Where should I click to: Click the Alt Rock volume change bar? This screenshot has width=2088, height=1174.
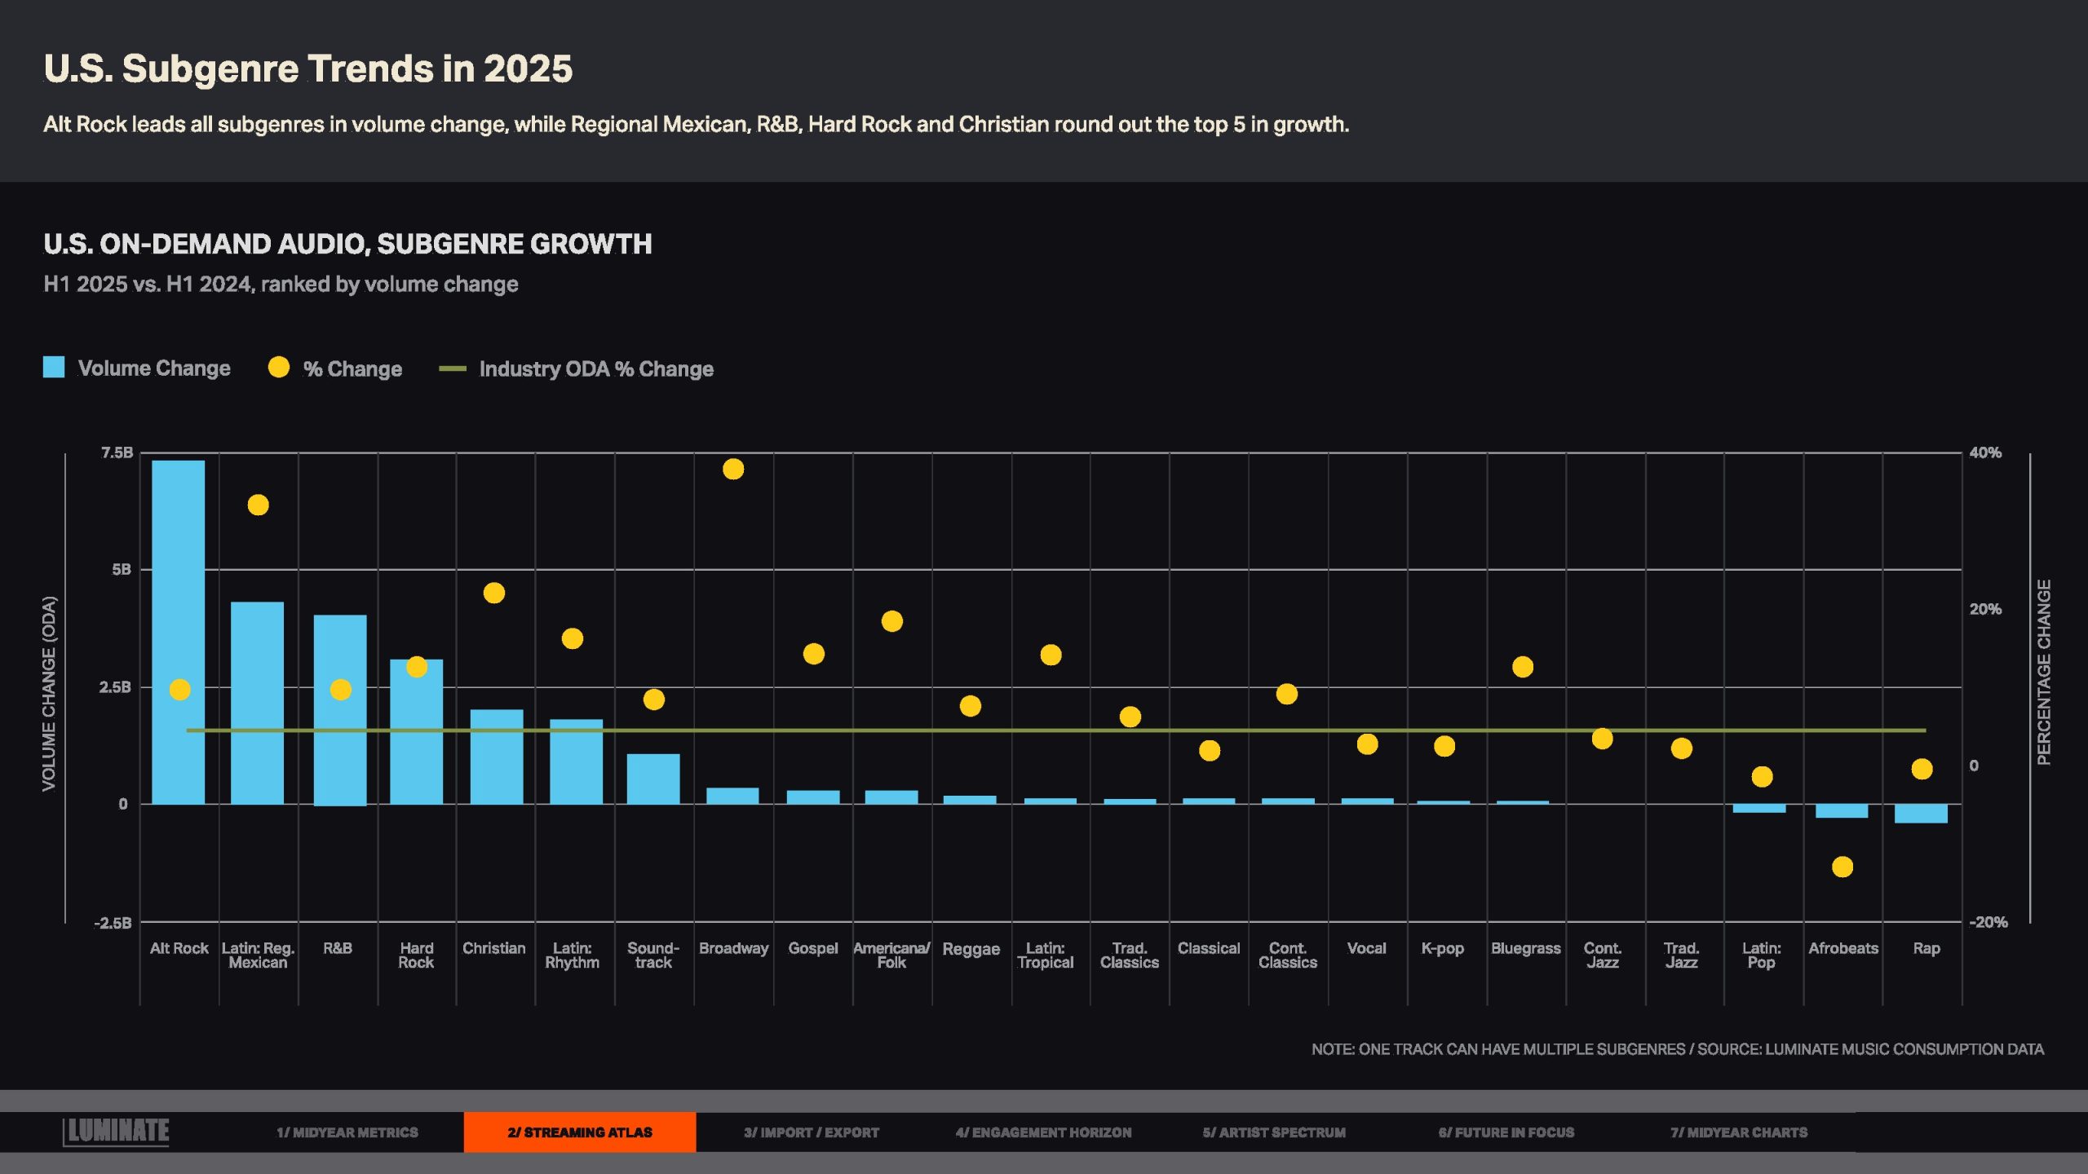(178, 632)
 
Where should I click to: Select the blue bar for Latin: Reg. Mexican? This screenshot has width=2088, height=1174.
(257, 703)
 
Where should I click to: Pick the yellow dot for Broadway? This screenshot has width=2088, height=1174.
(733, 469)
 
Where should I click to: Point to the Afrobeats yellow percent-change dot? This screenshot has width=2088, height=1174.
(1842, 867)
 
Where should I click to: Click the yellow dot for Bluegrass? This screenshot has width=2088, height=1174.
(1523, 667)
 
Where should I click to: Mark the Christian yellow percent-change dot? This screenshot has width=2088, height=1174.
(493, 593)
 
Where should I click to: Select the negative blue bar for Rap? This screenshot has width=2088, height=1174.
(1921, 814)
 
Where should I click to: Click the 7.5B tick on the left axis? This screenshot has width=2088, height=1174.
(117, 452)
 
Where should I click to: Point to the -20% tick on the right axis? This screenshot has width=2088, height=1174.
(1988, 922)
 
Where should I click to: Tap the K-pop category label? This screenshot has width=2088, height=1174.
(1442, 948)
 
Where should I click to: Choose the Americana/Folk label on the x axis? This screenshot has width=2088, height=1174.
(891, 955)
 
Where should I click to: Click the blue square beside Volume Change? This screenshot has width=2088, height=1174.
(54, 368)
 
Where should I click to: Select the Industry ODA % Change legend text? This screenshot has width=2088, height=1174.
(595, 369)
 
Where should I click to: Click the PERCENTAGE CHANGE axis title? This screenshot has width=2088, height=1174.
(2043, 673)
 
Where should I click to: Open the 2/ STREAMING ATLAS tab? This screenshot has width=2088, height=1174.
(579, 1132)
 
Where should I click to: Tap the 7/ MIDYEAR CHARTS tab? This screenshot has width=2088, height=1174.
(1738, 1132)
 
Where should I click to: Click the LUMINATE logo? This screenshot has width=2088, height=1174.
(117, 1132)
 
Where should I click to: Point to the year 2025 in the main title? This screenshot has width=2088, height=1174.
(528, 68)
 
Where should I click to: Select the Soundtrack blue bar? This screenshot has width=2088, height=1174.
(652, 779)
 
